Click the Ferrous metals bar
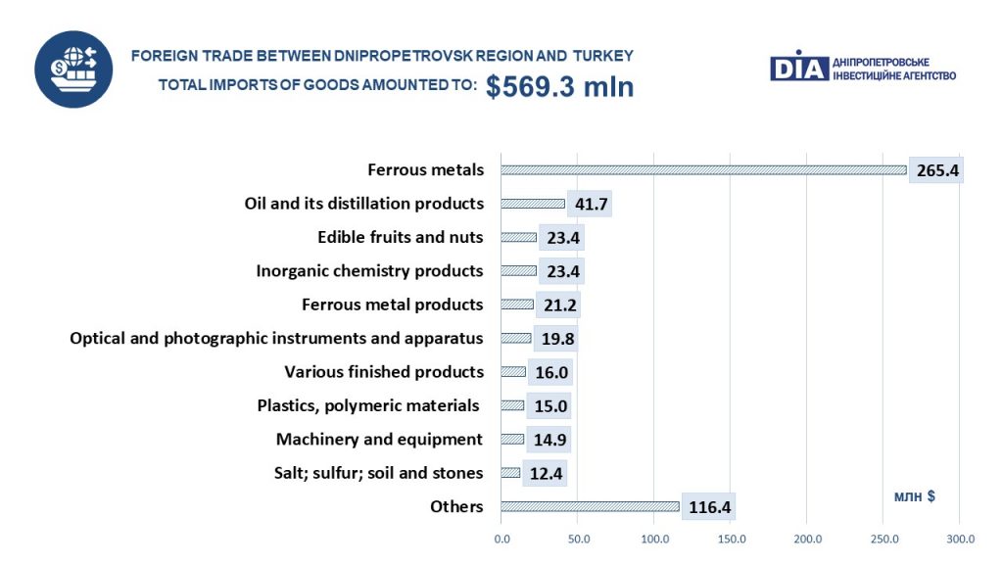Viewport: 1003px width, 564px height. click(x=703, y=169)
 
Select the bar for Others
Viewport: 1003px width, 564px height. click(x=590, y=506)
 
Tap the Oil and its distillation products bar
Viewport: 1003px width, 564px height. click(x=533, y=204)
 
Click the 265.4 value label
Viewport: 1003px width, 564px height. click(x=935, y=170)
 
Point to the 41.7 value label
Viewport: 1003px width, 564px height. click(x=589, y=204)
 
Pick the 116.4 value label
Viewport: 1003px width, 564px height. click(x=708, y=507)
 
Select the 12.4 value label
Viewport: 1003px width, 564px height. click(x=544, y=473)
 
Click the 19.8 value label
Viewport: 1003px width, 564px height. click(x=555, y=339)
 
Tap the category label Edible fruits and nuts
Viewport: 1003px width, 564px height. click(x=400, y=237)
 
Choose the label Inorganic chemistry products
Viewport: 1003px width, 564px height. click(x=369, y=270)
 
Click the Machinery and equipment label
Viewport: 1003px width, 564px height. click(x=379, y=439)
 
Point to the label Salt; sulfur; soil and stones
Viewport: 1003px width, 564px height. click(x=378, y=473)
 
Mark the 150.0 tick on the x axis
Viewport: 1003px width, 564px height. click(x=731, y=539)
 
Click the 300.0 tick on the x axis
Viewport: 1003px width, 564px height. click(x=960, y=539)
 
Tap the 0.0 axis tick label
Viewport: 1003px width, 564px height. click(x=501, y=539)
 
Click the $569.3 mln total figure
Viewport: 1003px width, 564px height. click(x=559, y=86)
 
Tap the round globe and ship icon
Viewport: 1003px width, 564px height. click(x=74, y=69)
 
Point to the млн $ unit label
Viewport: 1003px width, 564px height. click(x=914, y=495)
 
